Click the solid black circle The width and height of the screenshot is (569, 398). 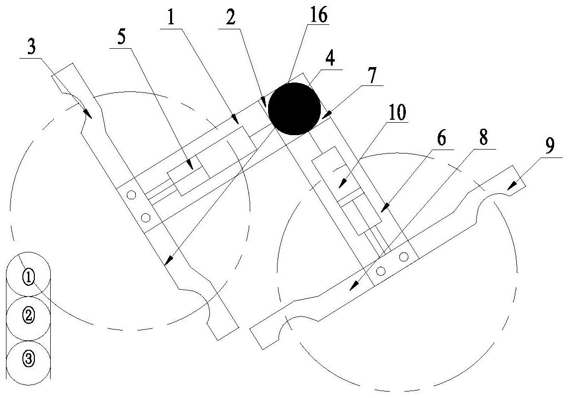click(x=294, y=109)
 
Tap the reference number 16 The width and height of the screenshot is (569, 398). click(x=319, y=16)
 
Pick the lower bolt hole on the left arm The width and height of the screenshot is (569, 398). click(x=145, y=217)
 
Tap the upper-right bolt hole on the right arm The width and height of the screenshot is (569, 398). click(x=404, y=257)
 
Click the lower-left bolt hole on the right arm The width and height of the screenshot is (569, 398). click(x=381, y=271)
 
